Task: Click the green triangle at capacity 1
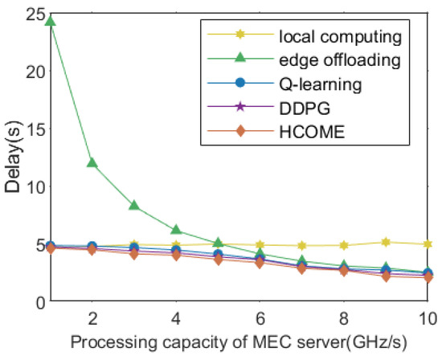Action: click(50, 22)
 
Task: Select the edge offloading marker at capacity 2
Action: click(92, 163)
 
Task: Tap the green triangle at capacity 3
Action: click(134, 206)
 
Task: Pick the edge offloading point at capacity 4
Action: click(177, 231)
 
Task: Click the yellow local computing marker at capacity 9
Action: click(387, 242)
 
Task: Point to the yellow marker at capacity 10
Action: click(428, 244)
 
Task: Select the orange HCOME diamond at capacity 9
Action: click(387, 276)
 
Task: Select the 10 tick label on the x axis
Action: click(428, 316)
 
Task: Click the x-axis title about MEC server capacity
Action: click(239, 342)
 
